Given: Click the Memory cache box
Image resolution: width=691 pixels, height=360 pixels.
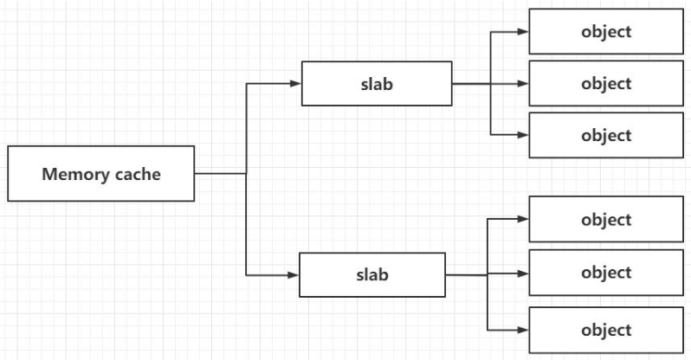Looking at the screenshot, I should coord(100,173).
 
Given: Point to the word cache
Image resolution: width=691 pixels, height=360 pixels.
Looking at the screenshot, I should coord(138,174).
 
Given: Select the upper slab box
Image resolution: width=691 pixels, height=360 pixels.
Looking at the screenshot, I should coord(376,84).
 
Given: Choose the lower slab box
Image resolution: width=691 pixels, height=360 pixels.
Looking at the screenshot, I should coord(371,275).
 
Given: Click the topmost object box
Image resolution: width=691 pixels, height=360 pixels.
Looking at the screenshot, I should coord(606,32).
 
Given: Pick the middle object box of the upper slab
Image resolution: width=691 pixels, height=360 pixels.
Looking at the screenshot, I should coord(606,84).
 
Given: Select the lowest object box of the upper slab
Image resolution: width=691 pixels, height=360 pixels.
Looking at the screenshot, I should coord(606,136).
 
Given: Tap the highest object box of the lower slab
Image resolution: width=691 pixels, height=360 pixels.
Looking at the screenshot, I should coord(606,220).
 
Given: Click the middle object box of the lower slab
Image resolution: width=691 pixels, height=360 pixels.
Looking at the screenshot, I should coord(606,273).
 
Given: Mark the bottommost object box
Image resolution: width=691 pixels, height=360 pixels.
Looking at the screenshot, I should coord(606,330).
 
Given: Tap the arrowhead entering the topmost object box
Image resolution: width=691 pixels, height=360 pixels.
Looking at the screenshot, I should coord(522,32).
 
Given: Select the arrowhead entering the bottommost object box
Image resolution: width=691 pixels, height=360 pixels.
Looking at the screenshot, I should coord(522,330).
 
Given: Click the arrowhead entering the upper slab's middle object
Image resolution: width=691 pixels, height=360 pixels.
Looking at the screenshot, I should coord(522,84).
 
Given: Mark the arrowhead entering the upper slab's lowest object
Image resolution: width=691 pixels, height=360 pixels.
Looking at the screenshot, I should coord(522,135).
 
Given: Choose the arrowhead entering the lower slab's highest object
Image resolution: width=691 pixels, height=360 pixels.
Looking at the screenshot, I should coord(522,219).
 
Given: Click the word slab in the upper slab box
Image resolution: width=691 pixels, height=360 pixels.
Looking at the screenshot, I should coord(376,85).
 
